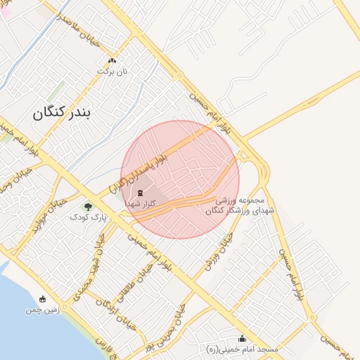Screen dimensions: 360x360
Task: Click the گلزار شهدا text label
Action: (141, 203)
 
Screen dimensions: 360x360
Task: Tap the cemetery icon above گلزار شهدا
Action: (140, 193)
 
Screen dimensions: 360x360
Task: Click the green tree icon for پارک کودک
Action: (88, 207)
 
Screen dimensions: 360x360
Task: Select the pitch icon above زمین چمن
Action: (42, 299)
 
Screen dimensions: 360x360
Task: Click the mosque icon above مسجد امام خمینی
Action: (243, 338)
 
